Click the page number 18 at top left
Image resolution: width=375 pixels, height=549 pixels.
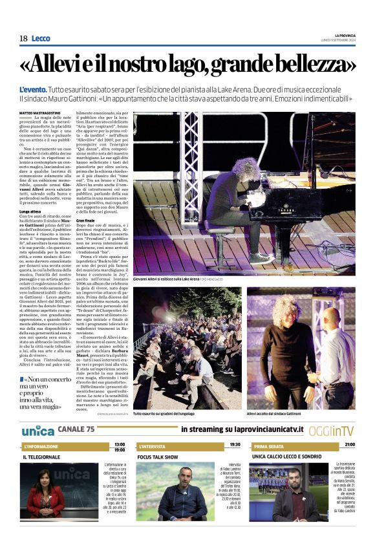click(23, 39)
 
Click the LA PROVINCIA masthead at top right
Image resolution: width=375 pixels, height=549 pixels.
click(345, 35)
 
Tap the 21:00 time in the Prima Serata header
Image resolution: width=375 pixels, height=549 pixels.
click(349, 445)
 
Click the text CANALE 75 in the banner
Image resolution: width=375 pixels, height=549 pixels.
click(76, 429)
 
